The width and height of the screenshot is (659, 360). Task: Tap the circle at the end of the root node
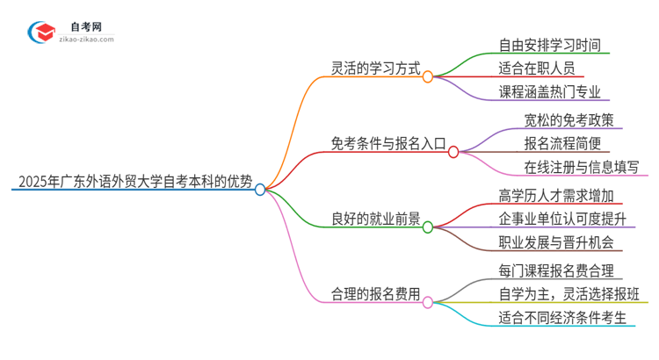pyautogui.click(x=260, y=189)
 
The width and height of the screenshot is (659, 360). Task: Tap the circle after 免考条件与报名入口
pyautogui.click(x=453, y=151)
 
